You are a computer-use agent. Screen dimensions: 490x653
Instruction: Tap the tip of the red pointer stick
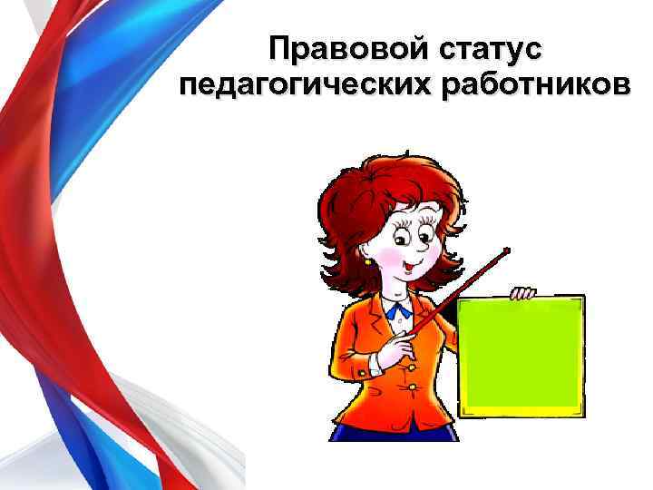point(506,250)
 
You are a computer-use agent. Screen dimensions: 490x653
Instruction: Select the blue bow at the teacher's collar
point(398,310)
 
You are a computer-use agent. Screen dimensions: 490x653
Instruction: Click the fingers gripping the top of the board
point(522,293)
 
